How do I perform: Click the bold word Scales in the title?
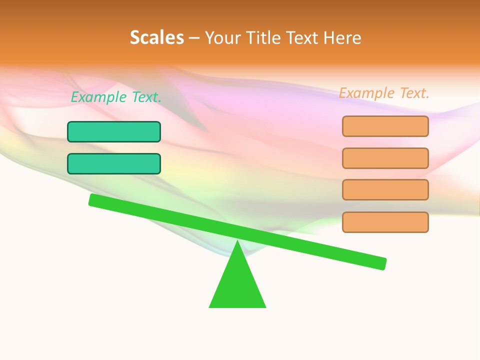point(157,37)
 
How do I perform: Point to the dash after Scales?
point(194,38)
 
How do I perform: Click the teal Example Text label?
point(116,97)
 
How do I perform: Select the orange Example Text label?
point(384,93)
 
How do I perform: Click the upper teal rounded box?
point(114,131)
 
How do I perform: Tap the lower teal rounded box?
point(114,163)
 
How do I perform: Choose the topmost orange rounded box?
point(385,126)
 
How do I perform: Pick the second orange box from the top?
point(385,158)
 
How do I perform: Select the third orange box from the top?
point(385,189)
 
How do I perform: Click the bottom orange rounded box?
point(385,222)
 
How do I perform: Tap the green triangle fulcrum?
point(237,285)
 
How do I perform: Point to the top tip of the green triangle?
point(237,241)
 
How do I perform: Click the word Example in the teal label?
point(99,97)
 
